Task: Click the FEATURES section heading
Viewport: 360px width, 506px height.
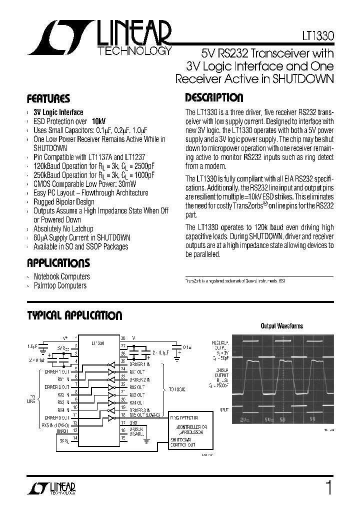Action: pos(48,98)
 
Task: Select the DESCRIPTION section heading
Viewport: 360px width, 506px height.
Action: pos(214,98)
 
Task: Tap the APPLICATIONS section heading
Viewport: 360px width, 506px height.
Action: pos(58,263)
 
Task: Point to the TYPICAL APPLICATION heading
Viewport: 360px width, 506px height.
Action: pos(74,315)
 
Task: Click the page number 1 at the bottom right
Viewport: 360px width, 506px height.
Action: pos(328,486)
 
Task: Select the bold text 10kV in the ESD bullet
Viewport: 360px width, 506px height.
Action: pos(98,121)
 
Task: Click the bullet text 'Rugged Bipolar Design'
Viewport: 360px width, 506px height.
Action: pos(63,202)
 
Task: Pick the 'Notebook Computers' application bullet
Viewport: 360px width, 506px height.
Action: pos(61,276)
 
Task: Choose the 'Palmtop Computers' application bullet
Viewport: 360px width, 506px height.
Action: pos(60,285)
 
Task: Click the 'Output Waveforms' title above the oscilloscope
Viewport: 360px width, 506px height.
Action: pos(281,326)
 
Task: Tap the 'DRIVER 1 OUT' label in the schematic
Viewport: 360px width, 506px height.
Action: pos(57,371)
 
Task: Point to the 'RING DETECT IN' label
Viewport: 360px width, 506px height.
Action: pos(184,417)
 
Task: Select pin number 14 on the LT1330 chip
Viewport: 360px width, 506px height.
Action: pos(75,438)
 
